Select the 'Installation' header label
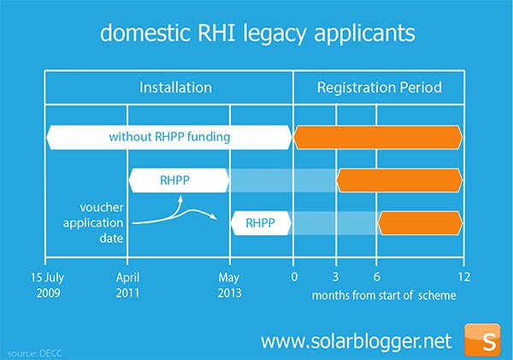coord(175,87)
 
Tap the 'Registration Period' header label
coord(378,87)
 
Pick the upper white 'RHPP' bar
coord(178,180)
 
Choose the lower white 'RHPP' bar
coord(261,223)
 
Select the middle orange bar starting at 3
coord(399,180)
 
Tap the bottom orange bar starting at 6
coord(421,223)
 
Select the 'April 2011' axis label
coord(127,285)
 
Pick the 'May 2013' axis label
coord(229,285)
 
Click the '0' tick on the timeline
coord(293,278)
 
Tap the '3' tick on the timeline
coord(336,278)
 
